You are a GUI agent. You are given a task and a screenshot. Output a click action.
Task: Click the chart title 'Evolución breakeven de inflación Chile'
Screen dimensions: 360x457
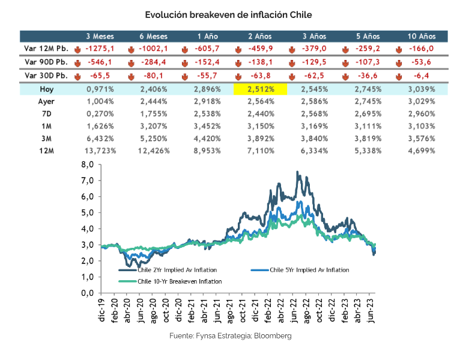(229, 14)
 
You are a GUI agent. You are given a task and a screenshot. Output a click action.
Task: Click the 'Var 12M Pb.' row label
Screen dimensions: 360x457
(44, 49)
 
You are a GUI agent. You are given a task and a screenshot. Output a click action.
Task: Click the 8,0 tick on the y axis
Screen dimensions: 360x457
(88, 164)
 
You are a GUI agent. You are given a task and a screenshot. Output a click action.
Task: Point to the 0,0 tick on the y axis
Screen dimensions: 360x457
(88, 293)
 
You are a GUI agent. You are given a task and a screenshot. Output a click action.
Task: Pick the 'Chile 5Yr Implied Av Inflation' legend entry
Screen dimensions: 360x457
(309, 270)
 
